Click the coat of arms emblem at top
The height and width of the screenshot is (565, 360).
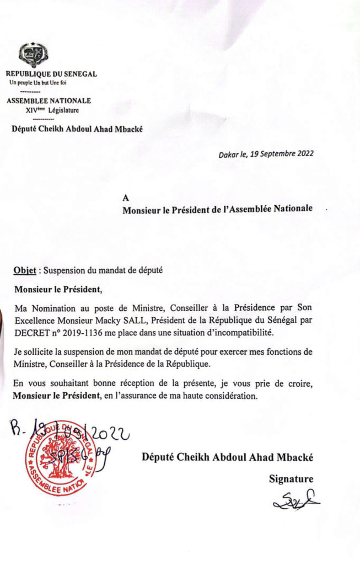coord(33,55)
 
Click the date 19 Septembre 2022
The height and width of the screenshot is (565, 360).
coord(282,154)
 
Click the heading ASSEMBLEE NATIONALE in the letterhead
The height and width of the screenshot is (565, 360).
coord(49,101)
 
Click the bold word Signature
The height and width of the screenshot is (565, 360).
coord(291,479)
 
